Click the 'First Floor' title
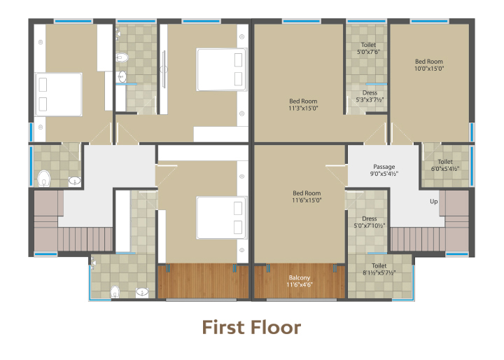tap(251, 327)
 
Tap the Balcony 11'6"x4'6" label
tap(300, 281)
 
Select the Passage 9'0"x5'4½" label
tap(384, 170)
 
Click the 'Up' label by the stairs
tap(434, 202)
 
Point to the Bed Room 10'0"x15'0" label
tap(429, 65)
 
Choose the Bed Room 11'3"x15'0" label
tap(303, 105)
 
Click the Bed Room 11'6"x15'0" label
tap(307, 197)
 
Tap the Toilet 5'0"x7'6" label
tap(368, 48)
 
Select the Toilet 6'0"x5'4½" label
tap(445, 165)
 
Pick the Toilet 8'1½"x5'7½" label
tap(379, 269)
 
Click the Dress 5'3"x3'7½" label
tap(370, 96)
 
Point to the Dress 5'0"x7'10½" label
tap(370, 222)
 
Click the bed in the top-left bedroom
tap(59, 95)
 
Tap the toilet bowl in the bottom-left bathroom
tap(115, 292)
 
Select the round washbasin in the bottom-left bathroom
tap(141, 292)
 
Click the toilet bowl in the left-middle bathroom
tap(44, 179)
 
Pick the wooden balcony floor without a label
tap(203, 281)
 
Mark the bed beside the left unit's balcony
tap(222, 218)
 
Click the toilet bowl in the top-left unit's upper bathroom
tap(122, 57)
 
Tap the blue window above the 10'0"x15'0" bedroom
tap(429, 21)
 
